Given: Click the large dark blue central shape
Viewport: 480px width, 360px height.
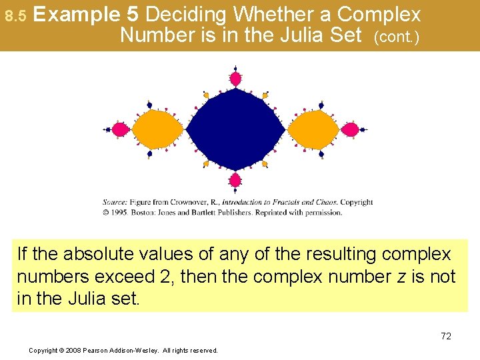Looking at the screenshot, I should click(235, 130).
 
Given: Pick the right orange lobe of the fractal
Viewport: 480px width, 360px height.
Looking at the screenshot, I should click(313, 129).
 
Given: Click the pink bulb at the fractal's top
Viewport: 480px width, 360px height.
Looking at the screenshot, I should click(235, 79).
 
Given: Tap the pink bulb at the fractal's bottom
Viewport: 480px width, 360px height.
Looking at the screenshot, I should click(235, 180).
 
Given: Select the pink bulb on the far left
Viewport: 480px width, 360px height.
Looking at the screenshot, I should click(120, 129).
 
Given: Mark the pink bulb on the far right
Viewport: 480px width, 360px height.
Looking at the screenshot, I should click(351, 129).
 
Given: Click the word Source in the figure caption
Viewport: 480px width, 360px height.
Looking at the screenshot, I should click(114, 202).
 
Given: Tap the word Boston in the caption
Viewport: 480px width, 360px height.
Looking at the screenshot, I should click(147, 213).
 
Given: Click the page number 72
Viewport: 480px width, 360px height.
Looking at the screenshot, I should click(445, 336).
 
